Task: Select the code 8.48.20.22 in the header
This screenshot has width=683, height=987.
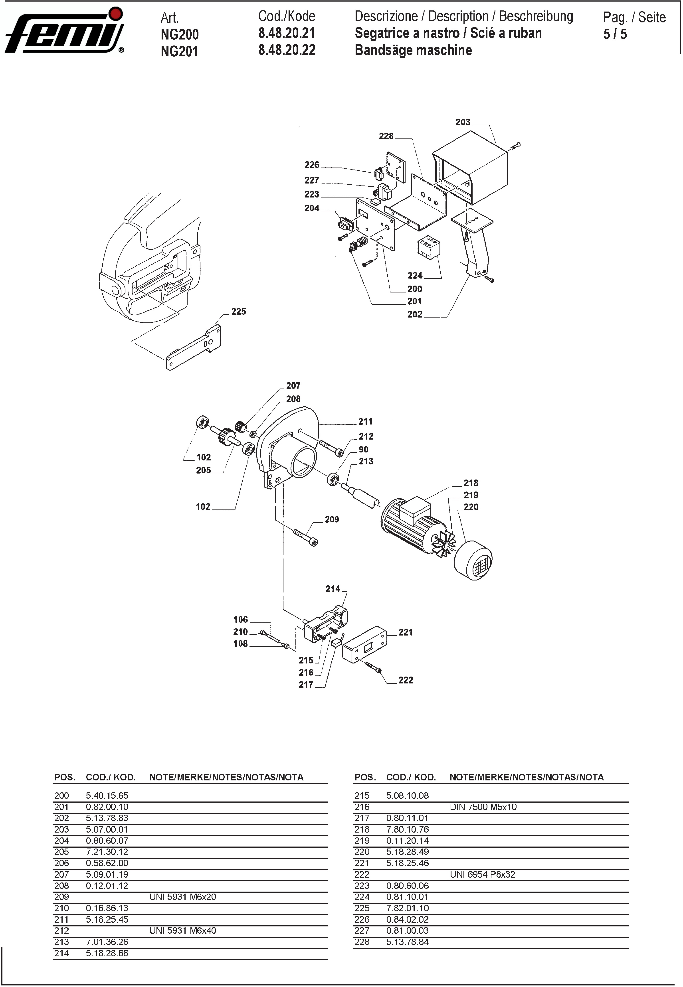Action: [287, 50]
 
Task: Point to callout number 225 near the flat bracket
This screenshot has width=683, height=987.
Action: [238, 312]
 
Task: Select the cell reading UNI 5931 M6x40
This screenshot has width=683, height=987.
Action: [183, 930]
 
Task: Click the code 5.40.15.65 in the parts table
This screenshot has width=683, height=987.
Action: [107, 796]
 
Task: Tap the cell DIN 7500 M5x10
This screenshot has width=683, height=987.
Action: [483, 807]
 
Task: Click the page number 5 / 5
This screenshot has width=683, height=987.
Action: [615, 34]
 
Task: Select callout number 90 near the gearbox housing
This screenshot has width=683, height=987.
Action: [363, 449]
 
